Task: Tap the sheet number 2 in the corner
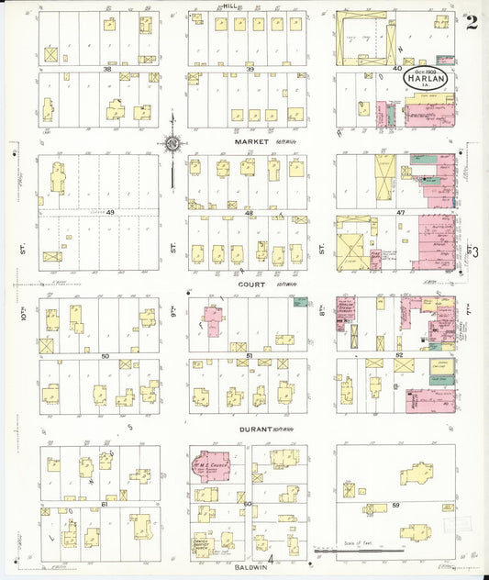[x=472, y=23]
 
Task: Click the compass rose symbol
[x=171, y=143]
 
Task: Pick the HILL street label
[x=228, y=6]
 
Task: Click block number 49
[x=110, y=213]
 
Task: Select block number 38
[x=107, y=69]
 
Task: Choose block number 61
[x=105, y=503]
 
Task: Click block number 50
[x=105, y=356]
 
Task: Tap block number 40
[x=396, y=69]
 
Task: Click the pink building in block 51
[x=213, y=322]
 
